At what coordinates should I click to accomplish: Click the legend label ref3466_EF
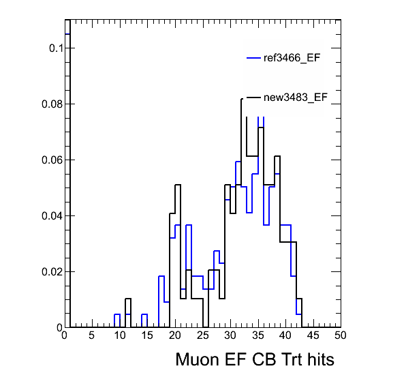coord(292,58)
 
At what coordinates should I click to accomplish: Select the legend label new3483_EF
coord(296,97)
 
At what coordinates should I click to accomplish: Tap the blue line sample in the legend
coord(253,58)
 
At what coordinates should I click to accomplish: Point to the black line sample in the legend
coord(253,97)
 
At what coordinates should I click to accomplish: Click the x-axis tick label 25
coord(202,335)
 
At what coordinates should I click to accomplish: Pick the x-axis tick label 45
coord(313,335)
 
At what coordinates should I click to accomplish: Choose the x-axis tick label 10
coord(120,335)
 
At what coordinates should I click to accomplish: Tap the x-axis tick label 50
coord(340,335)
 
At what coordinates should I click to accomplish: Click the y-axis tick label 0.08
coord(52,104)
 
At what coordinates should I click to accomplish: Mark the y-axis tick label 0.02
coord(52,272)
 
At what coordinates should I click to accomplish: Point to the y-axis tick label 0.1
coord(56,48)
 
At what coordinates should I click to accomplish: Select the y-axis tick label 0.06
coord(52,160)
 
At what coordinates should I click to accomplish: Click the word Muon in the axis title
coord(198,359)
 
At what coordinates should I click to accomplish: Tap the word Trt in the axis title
coord(292,359)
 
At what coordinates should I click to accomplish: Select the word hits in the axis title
coord(321,359)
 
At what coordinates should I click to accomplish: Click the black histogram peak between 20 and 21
coord(178,185)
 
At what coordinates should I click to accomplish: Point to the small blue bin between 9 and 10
coord(117,314)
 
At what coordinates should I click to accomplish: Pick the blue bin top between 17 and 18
coord(161,276)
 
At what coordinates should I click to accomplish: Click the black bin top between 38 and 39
coord(277,156)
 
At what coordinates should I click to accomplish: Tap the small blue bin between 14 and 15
coord(144,314)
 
